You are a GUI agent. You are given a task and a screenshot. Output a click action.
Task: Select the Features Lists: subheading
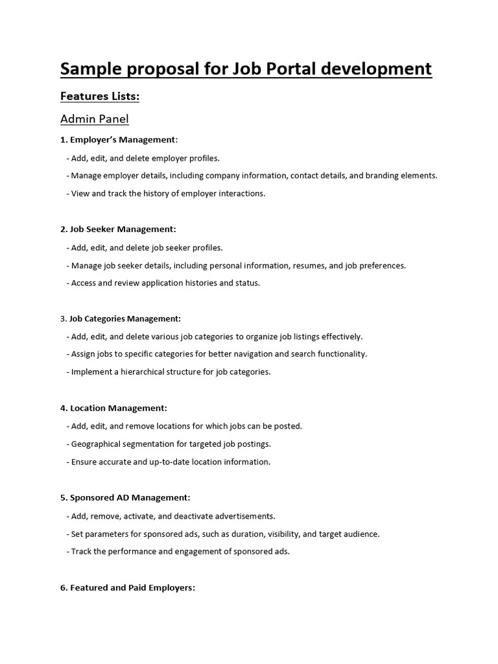point(100,97)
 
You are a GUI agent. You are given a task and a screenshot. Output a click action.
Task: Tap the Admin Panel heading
point(95,119)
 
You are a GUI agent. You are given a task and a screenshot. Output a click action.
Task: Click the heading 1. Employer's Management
point(119,139)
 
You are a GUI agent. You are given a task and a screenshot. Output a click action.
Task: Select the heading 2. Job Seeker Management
point(118,229)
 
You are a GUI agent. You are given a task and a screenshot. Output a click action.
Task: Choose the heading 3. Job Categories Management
point(121,318)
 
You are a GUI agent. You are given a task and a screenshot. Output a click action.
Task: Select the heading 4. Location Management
point(113,408)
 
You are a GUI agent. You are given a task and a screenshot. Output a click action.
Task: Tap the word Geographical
point(97,444)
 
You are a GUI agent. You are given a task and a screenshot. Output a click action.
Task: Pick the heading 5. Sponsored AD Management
point(125,497)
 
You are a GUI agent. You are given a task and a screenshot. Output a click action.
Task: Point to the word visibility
point(281,534)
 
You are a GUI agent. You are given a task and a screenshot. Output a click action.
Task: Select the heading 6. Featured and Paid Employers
point(128,587)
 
